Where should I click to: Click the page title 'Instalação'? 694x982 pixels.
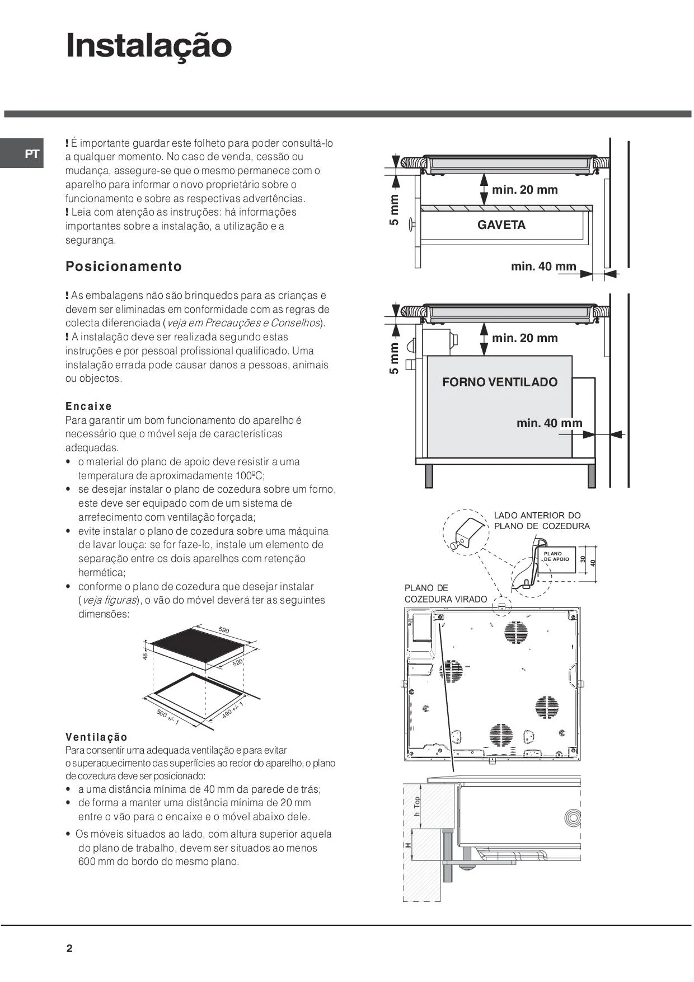pyautogui.click(x=149, y=46)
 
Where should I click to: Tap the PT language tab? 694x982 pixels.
pyautogui.click(x=32, y=154)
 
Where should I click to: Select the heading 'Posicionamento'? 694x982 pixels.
pyautogui.click(x=124, y=266)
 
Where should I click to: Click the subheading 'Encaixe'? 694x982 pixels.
pyautogui.click(x=88, y=406)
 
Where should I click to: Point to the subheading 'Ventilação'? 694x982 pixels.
pyautogui.click(x=96, y=737)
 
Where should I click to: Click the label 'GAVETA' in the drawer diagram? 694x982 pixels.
pyautogui.click(x=501, y=225)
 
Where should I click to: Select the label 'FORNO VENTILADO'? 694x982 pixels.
pyautogui.click(x=500, y=382)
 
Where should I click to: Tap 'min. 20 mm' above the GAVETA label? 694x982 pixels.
pyautogui.click(x=524, y=190)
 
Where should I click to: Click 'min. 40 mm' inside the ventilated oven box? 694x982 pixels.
pyautogui.click(x=549, y=423)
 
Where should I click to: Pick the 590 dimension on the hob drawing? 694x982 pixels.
pyautogui.click(x=224, y=630)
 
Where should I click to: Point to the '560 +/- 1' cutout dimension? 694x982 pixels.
pyautogui.click(x=167, y=717)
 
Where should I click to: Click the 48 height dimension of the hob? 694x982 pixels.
pyautogui.click(x=145, y=656)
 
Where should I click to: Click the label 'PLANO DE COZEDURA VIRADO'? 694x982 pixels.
pyautogui.click(x=446, y=593)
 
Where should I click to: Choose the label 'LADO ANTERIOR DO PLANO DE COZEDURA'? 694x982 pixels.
pyautogui.click(x=541, y=521)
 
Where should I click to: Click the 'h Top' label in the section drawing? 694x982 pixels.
pyautogui.click(x=417, y=806)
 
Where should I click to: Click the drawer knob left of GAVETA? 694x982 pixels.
pyautogui.click(x=412, y=224)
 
